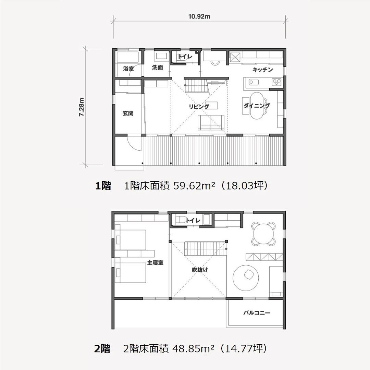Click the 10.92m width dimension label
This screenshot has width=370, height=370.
199,16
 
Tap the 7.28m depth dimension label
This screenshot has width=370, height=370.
82,107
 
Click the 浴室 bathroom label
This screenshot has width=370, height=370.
128,69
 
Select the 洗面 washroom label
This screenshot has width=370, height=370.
157,67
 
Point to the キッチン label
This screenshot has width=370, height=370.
263,70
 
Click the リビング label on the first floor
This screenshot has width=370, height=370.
199,107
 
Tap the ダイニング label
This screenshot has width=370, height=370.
257,106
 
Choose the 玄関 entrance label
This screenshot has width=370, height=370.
128,113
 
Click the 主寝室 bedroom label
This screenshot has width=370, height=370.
155,262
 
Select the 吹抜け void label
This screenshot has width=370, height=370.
200,270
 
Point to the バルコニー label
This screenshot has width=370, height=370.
257,313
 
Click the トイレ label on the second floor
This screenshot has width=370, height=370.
193,221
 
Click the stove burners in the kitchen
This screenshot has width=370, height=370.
276,82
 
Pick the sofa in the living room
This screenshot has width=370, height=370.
211,122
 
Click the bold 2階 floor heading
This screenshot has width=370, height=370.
102,348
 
